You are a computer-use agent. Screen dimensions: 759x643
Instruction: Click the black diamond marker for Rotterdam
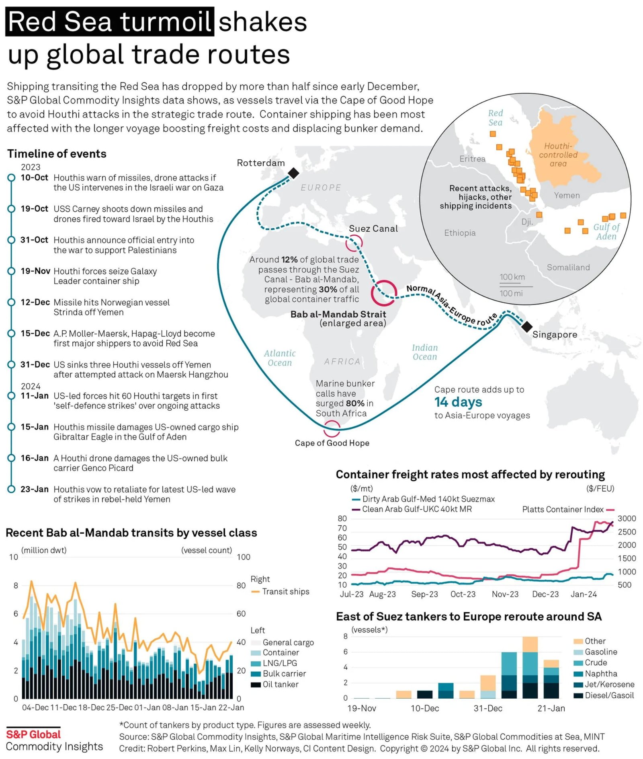pos(293,173)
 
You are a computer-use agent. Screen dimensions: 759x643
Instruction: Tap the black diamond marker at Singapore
pos(526,326)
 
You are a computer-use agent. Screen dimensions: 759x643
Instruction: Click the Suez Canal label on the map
pos(373,228)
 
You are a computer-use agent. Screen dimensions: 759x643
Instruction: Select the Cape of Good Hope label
pos(332,443)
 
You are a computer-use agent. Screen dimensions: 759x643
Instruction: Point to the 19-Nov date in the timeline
pos(35,271)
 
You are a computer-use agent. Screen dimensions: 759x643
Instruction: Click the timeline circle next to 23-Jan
pos(11,489)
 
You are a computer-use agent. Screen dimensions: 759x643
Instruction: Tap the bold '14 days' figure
pos(458,402)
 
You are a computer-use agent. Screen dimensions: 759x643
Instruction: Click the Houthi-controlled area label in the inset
pos(558,155)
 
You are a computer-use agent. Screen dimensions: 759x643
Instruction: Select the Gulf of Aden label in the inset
pos(606,232)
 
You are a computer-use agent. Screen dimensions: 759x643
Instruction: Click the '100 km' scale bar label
pos(512,277)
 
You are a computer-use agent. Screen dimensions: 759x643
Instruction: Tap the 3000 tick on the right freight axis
pos(627,518)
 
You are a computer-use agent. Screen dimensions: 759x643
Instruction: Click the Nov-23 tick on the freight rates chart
pos(505,594)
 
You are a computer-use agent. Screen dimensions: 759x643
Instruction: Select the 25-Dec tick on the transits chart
pos(119,708)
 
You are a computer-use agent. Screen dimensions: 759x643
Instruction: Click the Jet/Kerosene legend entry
pos(609,684)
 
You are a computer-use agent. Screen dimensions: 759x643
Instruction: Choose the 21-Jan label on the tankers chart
pos(551,708)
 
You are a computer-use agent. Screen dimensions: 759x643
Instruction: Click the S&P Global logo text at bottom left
pos(33,734)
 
